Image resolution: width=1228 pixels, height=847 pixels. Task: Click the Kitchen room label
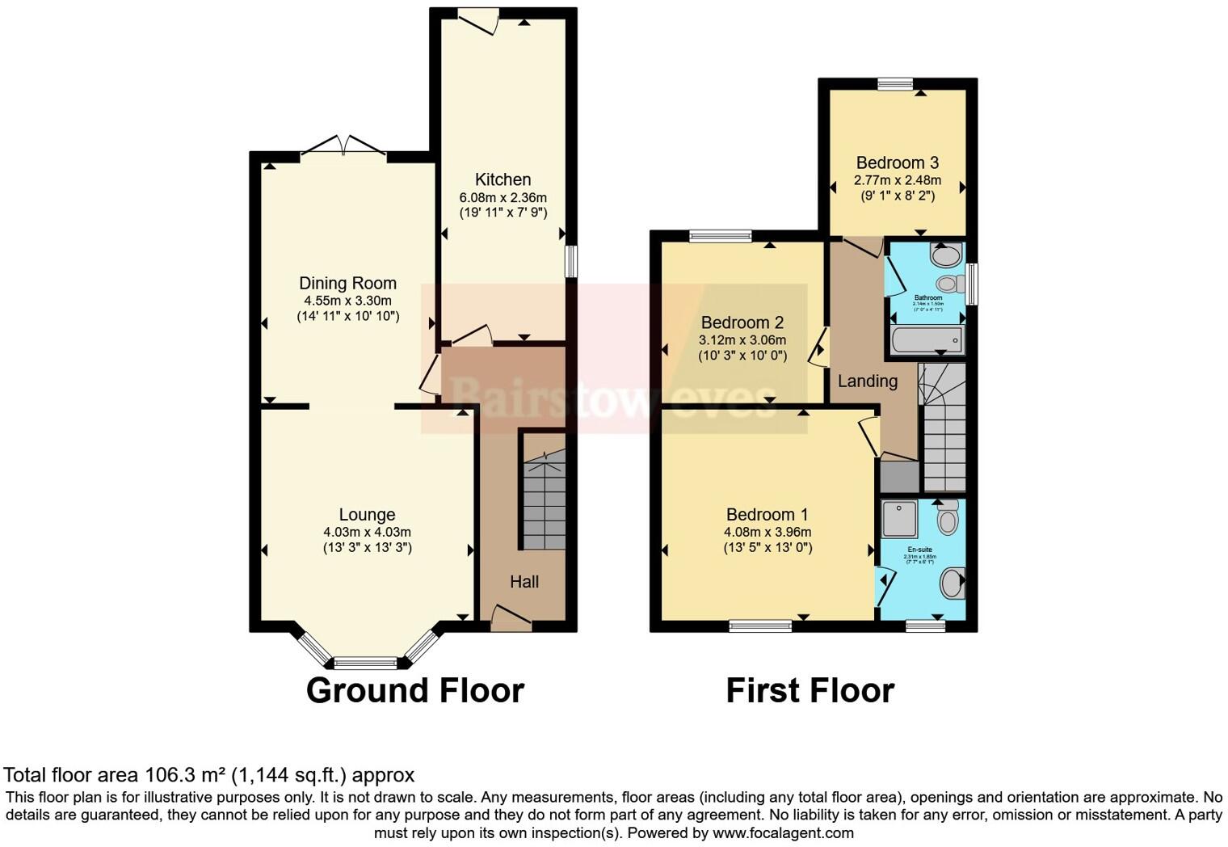[x=503, y=179]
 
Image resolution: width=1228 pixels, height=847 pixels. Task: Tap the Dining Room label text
[x=347, y=283]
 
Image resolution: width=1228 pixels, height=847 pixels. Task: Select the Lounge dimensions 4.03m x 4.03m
[x=367, y=532]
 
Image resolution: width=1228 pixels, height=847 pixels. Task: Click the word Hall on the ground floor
[x=524, y=581]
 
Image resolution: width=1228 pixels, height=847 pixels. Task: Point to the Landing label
[x=867, y=381]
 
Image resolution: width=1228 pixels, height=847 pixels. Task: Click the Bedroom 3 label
[x=897, y=162]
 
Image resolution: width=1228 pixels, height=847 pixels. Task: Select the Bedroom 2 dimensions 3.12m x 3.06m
[x=742, y=340]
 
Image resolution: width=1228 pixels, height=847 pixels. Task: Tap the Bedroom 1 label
[x=767, y=514]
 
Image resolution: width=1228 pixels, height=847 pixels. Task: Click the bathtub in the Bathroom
[x=927, y=340]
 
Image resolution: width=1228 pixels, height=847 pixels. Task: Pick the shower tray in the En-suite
[x=898, y=519]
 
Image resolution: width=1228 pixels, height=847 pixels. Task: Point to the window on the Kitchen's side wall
[x=570, y=261]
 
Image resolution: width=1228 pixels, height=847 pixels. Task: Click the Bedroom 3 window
[x=895, y=83]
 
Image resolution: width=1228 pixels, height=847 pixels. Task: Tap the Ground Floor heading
[x=415, y=691]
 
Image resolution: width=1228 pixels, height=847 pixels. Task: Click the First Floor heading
[x=810, y=691]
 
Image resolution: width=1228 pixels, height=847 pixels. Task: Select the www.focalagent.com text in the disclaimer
[x=782, y=832]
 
